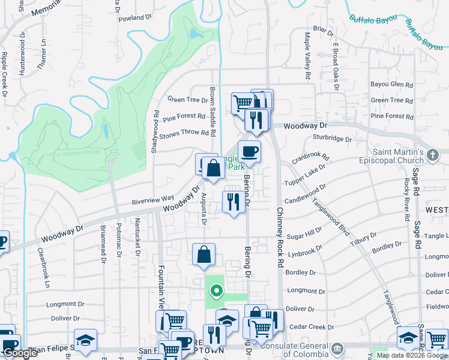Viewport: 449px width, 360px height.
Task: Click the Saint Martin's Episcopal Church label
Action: click(x=406, y=157)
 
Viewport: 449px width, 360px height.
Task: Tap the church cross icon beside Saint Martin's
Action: click(x=432, y=155)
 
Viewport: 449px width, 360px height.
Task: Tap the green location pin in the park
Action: click(x=215, y=292)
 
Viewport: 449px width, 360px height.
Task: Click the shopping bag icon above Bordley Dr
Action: click(x=204, y=254)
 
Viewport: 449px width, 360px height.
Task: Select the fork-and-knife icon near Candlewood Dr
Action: click(x=234, y=200)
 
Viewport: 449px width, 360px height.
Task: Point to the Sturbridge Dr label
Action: click(x=332, y=139)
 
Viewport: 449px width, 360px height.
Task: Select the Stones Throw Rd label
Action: click(x=184, y=133)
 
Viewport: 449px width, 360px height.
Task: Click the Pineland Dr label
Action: click(x=135, y=18)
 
